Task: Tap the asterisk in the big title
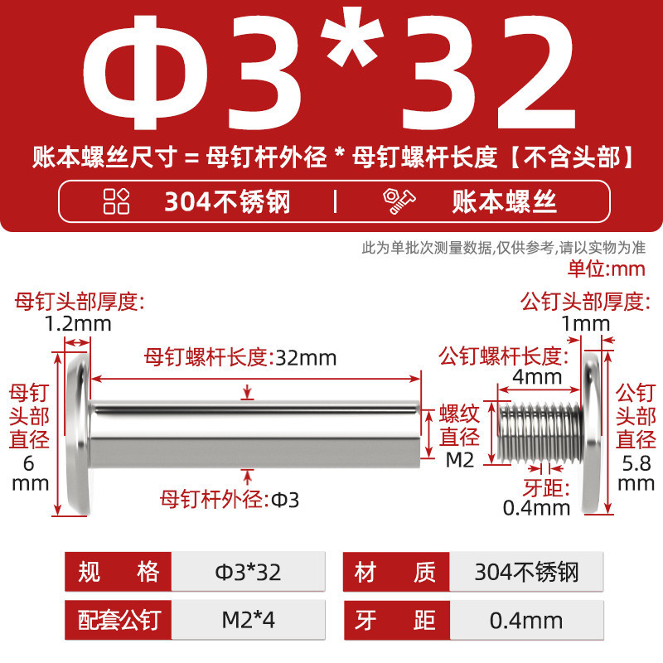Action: (x=351, y=36)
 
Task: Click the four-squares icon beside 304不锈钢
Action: (x=116, y=201)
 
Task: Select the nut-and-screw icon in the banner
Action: (x=399, y=201)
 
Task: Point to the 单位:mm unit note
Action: (x=607, y=269)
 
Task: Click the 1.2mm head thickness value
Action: (x=78, y=324)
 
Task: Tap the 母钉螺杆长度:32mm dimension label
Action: (x=240, y=357)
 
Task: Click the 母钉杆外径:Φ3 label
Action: (x=230, y=500)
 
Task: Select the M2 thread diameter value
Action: (x=460, y=460)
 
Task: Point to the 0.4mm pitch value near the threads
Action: (x=536, y=508)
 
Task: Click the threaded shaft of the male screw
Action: (x=540, y=432)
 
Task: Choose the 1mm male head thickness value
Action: (x=586, y=324)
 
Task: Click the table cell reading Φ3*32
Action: (x=248, y=572)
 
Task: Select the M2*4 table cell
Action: (x=248, y=620)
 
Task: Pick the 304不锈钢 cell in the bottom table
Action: (x=526, y=572)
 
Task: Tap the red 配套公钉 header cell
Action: (x=118, y=620)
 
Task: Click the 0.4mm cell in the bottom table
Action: (x=526, y=620)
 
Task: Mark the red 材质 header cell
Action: (x=396, y=572)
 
